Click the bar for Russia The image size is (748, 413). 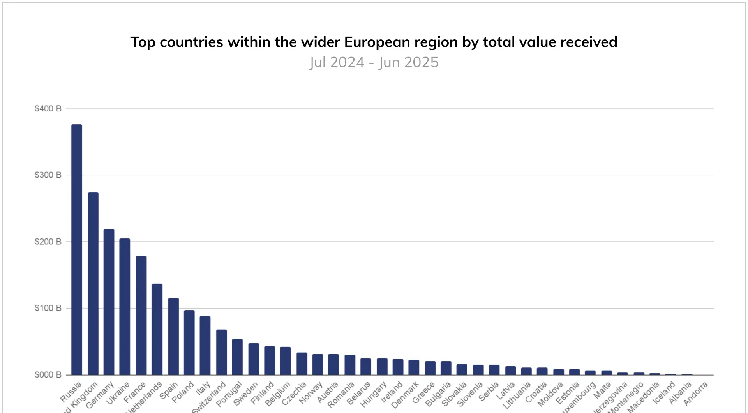click(77, 249)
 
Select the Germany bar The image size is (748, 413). click(109, 302)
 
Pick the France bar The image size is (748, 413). click(141, 315)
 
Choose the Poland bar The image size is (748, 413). click(189, 342)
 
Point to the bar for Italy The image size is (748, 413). click(205, 345)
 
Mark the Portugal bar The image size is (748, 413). click(237, 357)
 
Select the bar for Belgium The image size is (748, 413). click(286, 361)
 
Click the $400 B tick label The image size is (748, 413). click(48, 109)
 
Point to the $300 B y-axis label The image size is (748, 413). click(48, 175)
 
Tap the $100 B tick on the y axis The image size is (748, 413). click(48, 308)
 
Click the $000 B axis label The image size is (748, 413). click(48, 375)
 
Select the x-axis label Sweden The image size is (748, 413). click(246, 394)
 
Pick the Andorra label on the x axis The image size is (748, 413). click(695, 394)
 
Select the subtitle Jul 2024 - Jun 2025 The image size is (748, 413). click(374, 62)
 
